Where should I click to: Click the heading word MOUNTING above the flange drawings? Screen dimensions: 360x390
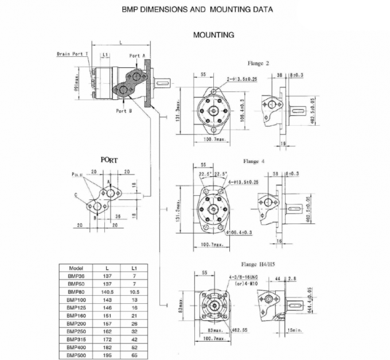click(x=213, y=35)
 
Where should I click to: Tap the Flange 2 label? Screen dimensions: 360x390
click(x=259, y=63)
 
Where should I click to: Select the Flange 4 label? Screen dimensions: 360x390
click(x=255, y=162)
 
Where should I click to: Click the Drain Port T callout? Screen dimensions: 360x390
click(x=73, y=54)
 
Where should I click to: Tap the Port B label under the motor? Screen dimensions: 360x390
click(x=124, y=111)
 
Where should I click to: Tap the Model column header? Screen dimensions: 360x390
click(x=76, y=268)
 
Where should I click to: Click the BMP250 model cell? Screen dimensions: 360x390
click(x=76, y=332)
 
